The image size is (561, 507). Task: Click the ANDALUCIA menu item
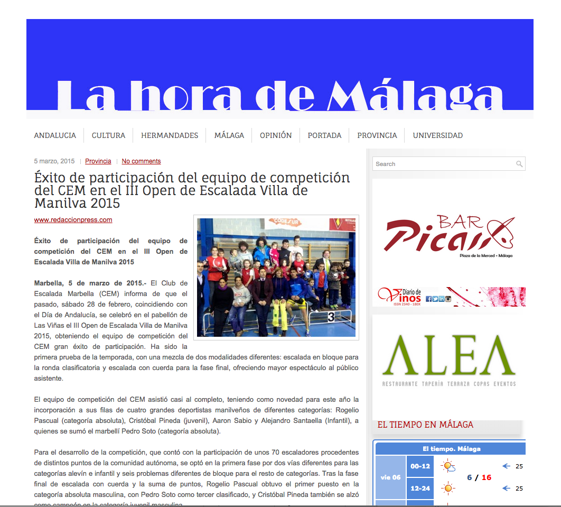coord(55,135)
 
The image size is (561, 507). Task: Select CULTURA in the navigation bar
coord(108,135)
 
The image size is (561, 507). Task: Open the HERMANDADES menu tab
coord(170,135)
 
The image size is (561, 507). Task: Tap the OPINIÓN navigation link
coord(276,135)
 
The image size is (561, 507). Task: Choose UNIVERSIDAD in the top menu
coord(437,135)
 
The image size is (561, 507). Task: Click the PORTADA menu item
coord(324,135)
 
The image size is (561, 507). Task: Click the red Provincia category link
coord(98,161)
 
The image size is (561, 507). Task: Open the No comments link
coord(141,161)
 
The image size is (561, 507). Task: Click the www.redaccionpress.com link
coord(73,220)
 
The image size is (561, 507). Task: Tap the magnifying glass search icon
coord(519,164)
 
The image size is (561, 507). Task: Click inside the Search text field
coord(443,164)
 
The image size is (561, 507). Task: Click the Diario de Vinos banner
coord(448,297)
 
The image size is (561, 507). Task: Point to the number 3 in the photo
coord(331,317)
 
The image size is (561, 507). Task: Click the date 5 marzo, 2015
coord(54,161)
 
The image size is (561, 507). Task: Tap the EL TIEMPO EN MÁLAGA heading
coord(425,425)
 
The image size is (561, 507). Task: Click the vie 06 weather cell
coord(390,477)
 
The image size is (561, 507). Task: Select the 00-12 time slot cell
coord(420,466)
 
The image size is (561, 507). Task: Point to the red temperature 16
coord(486,477)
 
